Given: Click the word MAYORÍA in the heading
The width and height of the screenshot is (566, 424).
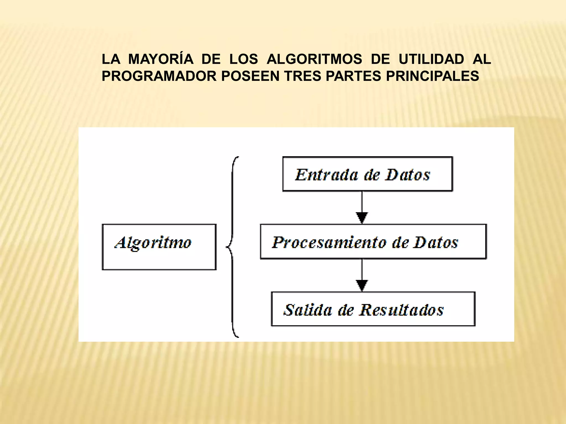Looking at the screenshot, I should coord(161,59).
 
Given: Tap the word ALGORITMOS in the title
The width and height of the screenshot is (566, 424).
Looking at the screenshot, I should coord(314,59).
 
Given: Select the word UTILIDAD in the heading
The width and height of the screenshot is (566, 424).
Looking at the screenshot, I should coord(431,59).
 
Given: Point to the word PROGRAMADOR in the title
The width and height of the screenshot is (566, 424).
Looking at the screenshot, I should coord(159,76).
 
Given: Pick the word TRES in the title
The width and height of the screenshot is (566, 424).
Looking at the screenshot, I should coord(303,76).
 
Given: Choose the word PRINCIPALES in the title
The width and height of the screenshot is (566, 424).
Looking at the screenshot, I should coord(432,76).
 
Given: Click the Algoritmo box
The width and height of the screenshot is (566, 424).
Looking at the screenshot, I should coord(159,247).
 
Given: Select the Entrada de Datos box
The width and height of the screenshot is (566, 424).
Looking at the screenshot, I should coord(367,174).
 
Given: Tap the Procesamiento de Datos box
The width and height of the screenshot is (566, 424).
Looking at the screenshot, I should coord(373,242).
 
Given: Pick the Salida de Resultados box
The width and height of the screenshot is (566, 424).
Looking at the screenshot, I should coord(373,309).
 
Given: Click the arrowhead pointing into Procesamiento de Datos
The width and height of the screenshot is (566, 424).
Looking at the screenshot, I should coord(362,218).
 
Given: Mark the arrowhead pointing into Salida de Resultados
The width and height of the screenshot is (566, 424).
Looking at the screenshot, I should coord(362,285).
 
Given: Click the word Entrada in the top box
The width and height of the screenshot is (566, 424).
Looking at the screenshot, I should coord(326,175).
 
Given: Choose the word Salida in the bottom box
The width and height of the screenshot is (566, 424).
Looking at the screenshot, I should coord(307,310).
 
